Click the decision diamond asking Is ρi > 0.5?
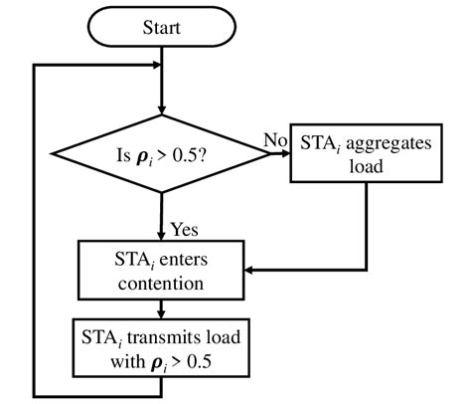point(162,154)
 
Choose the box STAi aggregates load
point(367,155)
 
